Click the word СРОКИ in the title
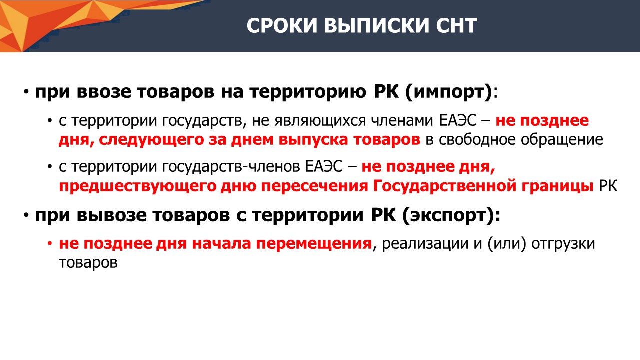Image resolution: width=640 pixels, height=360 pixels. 282,25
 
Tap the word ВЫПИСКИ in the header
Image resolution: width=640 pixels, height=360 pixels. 377,25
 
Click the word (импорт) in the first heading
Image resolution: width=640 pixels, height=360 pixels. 449,92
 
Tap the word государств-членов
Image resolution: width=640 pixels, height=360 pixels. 231,167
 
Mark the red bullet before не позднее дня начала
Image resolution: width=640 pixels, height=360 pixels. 50,243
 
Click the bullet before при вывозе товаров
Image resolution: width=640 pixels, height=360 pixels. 26,215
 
